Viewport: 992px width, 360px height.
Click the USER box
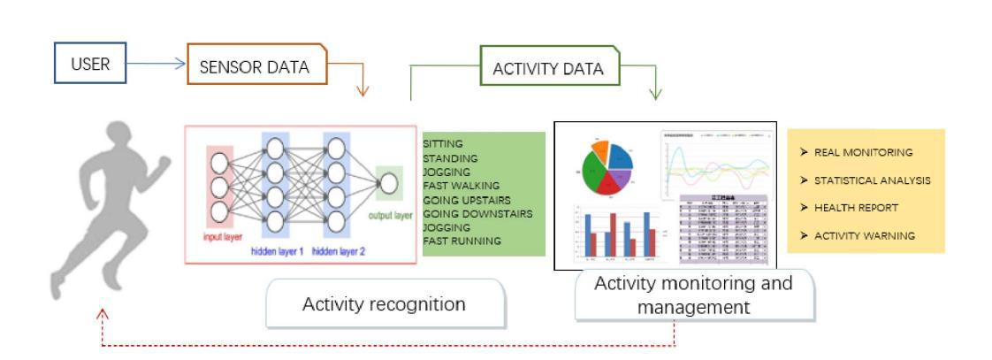click(x=90, y=64)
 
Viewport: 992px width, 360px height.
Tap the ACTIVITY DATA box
click(x=547, y=67)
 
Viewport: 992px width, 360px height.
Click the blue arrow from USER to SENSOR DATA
click(x=156, y=64)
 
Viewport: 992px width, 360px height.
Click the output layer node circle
click(x=387, y=182)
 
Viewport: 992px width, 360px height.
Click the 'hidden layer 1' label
click(x=277, y=251)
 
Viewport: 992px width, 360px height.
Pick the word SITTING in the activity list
click(x=443, y=143)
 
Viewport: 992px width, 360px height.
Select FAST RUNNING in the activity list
click(x=462, y=241)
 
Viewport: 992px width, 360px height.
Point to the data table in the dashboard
click(x=721, y=229)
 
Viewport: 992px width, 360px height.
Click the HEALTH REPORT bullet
click(x=856, y=208)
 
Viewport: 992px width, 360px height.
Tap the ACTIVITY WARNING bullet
click(x=864, y=235)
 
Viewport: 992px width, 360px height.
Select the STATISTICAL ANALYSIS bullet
click(x=871, y=180)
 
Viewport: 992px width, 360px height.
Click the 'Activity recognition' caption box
click(x=385, y=304)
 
